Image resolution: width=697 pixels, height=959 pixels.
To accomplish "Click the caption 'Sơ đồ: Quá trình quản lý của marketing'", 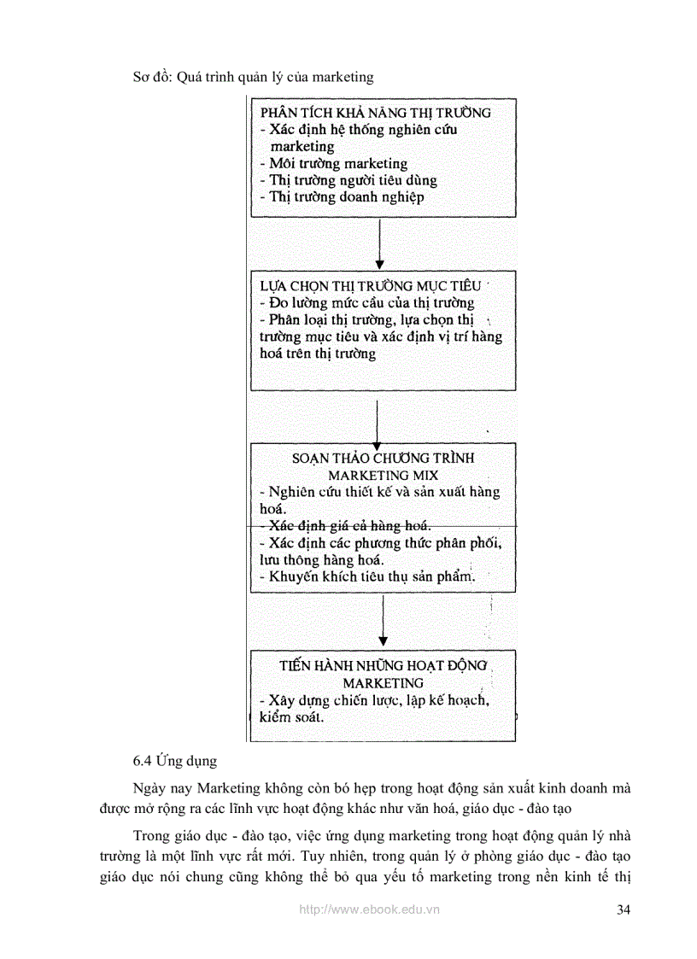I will pyautogui.click(x=253, y=77).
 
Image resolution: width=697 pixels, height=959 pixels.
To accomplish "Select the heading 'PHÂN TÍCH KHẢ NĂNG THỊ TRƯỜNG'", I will pyautogui.click(x=375, y=113).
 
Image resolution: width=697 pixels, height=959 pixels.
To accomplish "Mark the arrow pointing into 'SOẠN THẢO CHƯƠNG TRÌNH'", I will pyautogui.click(x=377, y=422).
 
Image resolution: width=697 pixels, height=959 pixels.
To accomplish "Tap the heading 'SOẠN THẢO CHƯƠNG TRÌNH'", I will pyautogui.click(x=383, y=458).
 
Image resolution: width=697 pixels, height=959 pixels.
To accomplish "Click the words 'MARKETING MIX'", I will pyautogui.click(x=383, y=475).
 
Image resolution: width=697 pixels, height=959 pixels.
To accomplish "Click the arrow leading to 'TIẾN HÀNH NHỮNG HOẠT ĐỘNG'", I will pyautogui.click(x=383, y=621).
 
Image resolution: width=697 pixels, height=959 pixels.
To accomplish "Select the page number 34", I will pyautogui.click(x=623, y=909).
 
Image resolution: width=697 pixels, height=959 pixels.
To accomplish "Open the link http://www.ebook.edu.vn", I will pyautogui.click(x=369, y=910).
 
